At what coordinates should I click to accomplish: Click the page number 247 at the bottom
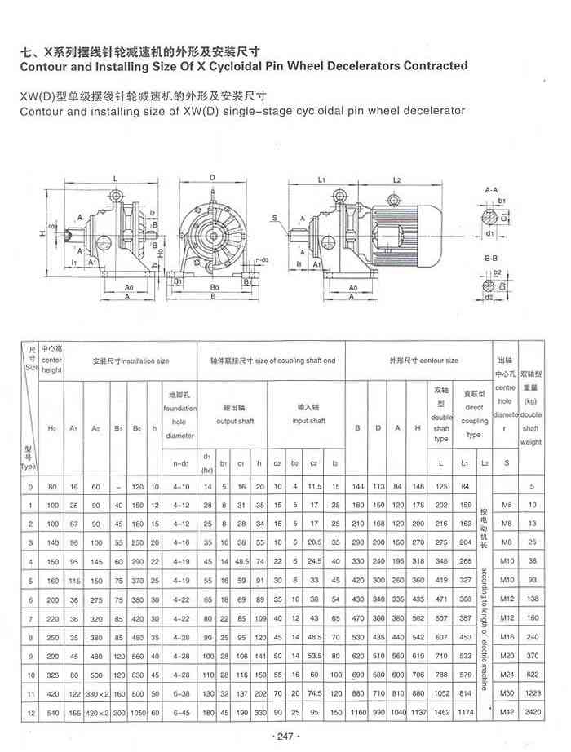[285, 737]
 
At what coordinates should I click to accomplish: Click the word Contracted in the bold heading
[424, 65]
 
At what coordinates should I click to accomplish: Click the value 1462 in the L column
[441, 711]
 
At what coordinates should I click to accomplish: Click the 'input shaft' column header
[309, 421]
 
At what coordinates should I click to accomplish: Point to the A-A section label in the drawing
[491, 189]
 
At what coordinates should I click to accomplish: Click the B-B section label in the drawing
[491, 257]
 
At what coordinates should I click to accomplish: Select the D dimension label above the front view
[212, 177]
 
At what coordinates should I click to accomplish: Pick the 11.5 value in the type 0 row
[313, 487]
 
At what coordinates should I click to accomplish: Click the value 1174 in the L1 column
[467, 711]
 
